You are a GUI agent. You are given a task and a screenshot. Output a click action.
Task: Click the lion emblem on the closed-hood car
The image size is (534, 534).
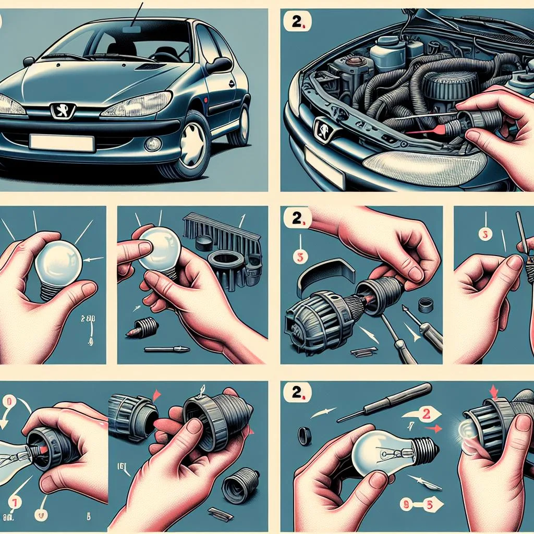(x=62, y=111)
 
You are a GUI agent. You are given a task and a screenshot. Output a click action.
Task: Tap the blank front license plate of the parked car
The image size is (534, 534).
(x=62, y=142)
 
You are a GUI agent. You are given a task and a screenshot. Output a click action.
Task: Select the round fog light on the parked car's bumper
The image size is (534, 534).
(x=153, y=143)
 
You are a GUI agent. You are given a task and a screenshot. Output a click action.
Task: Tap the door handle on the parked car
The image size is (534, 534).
(x=230, y=83)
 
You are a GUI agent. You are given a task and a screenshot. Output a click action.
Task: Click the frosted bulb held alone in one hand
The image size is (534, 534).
(x=57, y=263)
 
